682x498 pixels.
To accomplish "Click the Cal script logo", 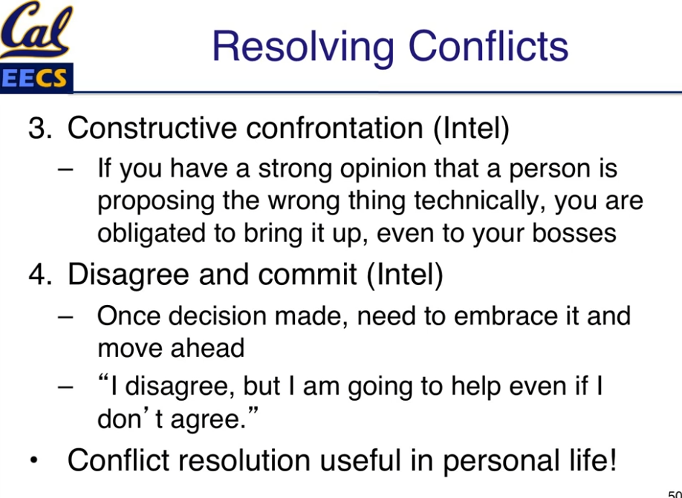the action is click(x=36, y=30).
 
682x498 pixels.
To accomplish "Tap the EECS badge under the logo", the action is click(x=36, y=79).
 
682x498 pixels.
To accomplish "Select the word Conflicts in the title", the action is click(x=488, y=46).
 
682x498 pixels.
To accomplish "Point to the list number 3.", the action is click(x=39, y=128).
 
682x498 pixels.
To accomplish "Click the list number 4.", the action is click(x=39, y=275).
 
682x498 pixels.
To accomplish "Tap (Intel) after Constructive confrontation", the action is click(x=471, y=128).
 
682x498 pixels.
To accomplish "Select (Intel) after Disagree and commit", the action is click(x=405, y=275).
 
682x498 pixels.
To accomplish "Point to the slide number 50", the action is click(x=675, y=494).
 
